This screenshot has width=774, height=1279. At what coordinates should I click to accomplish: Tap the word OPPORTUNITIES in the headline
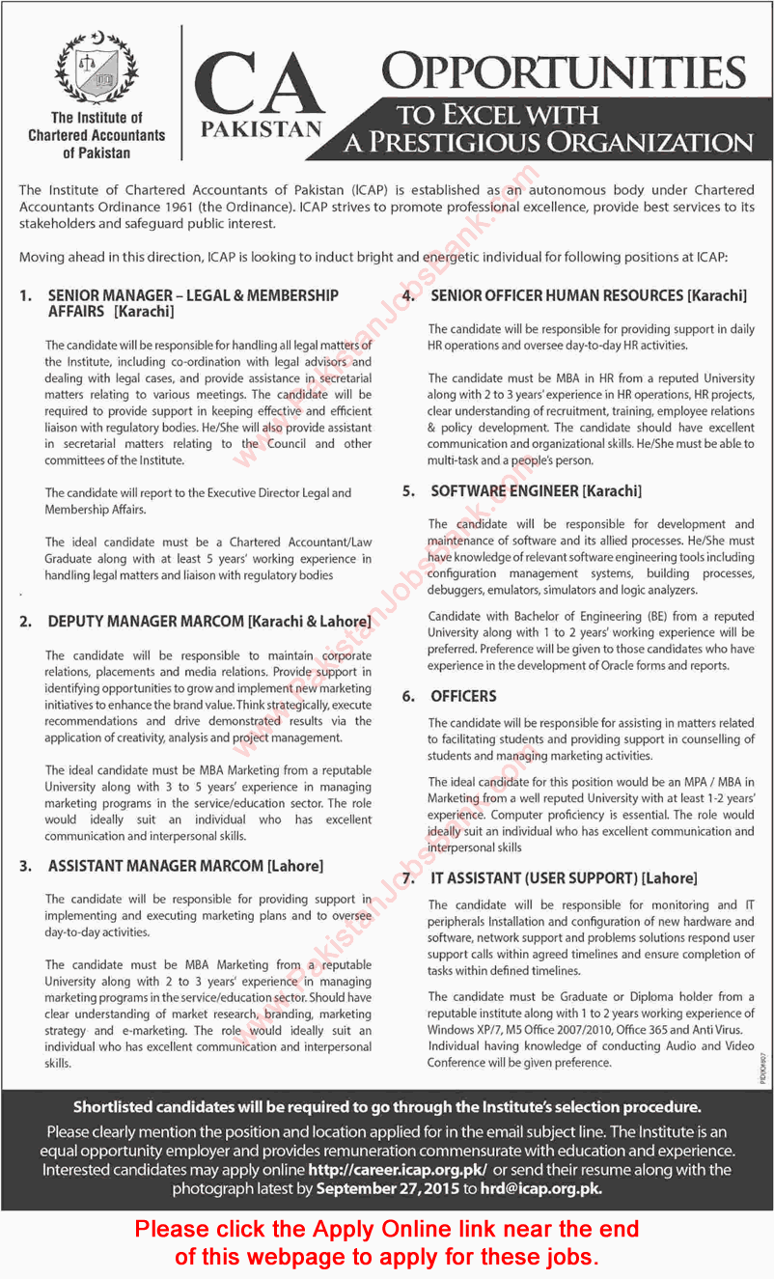click(564, 73)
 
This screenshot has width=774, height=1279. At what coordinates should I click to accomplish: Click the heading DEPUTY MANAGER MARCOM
click(208, 623)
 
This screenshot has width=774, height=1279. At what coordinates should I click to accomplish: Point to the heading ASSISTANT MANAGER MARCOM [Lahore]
click(185, 866)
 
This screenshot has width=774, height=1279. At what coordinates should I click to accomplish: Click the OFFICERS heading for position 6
click(463, 696)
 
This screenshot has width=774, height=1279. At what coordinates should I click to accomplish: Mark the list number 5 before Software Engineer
click(409, 491)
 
